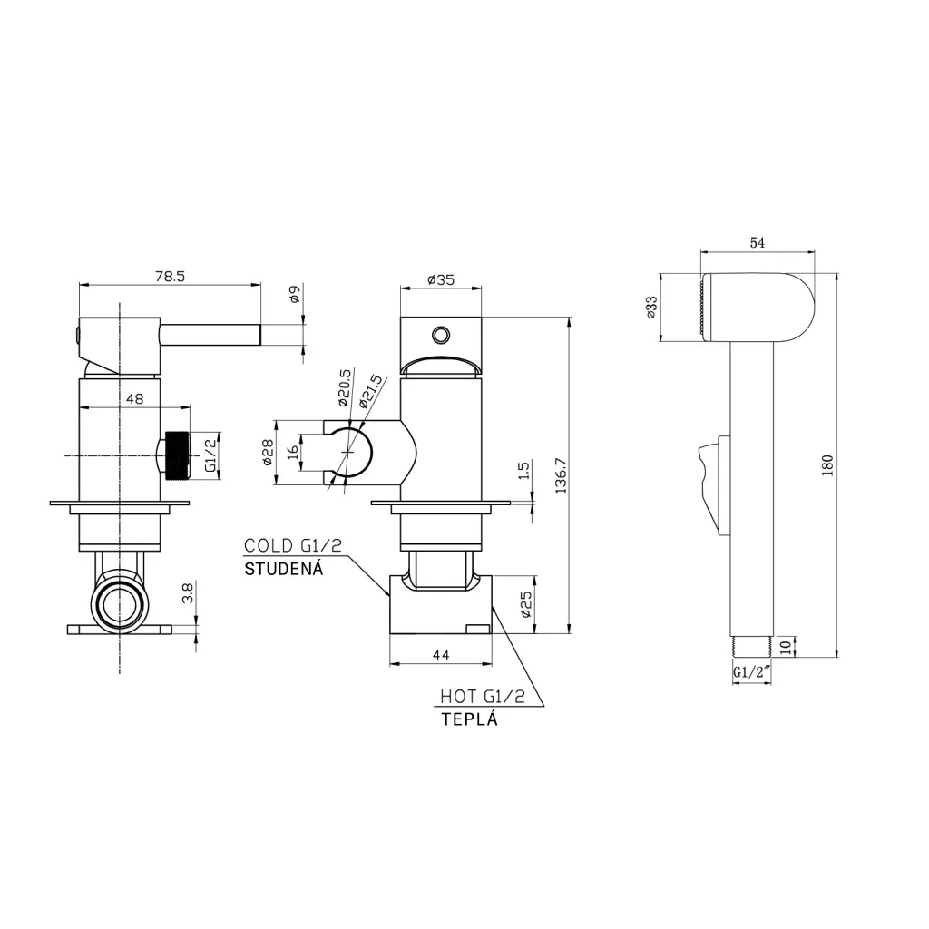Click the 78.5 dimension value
170,277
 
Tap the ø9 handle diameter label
296,293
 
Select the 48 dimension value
135,399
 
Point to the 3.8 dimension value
187,592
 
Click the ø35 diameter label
441,279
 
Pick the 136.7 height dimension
561,474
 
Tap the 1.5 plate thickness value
523,471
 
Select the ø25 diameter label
526,604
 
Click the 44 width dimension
441,655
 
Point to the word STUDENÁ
284,569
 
